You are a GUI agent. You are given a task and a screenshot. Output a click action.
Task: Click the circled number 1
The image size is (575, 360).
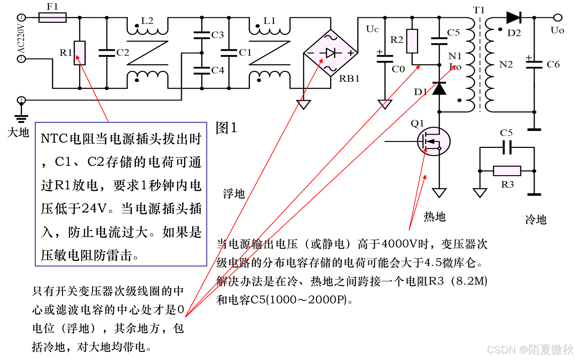tap(21, 17)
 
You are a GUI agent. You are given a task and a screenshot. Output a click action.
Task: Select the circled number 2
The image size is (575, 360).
tap(21, 59)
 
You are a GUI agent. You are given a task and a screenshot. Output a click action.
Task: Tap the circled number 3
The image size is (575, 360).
tap(21, 100)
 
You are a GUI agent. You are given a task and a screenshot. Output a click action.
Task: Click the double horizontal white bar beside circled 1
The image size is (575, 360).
tap(53, 18)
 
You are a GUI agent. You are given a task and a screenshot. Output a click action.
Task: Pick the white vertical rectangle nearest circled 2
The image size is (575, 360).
tap(80, 53)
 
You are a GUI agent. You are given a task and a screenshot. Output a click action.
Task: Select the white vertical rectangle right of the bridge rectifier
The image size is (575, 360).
tap(412, 41)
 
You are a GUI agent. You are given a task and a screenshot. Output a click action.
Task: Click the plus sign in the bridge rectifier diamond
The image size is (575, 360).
tap(351, 53)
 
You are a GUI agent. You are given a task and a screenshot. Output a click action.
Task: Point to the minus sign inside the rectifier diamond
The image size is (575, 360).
tap(310, 53)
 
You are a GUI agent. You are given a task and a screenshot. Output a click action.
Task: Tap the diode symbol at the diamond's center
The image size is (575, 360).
tap(331, 53)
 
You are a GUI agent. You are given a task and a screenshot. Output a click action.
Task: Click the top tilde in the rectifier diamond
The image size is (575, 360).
tap(331, 37)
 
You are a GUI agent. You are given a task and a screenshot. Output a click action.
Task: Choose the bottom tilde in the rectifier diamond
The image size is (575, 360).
tap(331, 69)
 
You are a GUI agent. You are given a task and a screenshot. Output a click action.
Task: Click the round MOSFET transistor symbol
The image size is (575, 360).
tap(434, 142)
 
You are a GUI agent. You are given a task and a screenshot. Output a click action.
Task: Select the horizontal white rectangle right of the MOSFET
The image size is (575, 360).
tap(507, 171)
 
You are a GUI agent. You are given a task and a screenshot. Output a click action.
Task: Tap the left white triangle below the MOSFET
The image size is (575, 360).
tap(439, 192)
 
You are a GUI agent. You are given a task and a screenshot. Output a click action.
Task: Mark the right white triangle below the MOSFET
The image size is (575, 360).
tap(480, 192)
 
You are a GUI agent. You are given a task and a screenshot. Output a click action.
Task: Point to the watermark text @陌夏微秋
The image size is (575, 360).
tap(546, 350)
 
